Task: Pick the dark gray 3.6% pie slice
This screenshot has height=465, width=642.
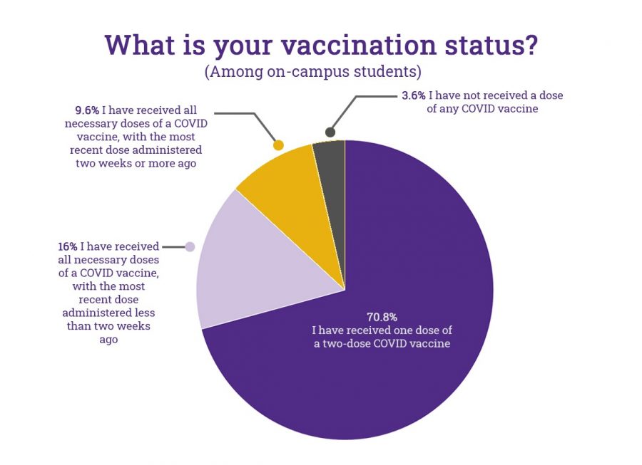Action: click(332, 184)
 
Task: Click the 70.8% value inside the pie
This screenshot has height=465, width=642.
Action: click(382, 317)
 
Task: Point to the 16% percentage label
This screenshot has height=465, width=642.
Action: click(68, 246)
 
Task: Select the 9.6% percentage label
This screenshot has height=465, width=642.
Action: click(87, 110)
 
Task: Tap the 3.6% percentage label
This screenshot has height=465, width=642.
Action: click(414, 95)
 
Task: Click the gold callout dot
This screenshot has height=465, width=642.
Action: click(278, 145)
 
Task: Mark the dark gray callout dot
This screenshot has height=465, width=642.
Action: click(330, 132)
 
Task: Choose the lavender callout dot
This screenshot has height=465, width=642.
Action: click(190, 247)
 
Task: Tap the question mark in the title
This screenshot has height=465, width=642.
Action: click(530, 45)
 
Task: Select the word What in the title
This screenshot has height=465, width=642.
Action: click(141, 45)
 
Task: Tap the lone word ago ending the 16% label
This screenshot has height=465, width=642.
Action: click(108, 340)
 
